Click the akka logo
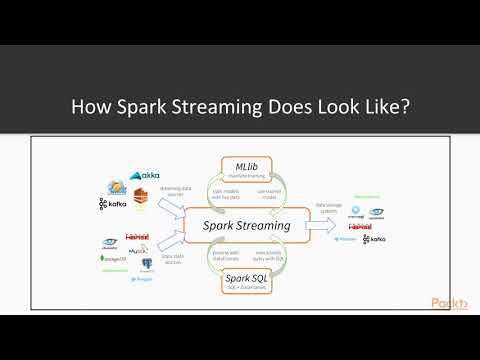[x=144, y=176]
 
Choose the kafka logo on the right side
[x=374, y=240]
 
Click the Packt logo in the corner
[x=452, y=304]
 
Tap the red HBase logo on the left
[x=138, y=238]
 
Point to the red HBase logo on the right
[x=375, y=226]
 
